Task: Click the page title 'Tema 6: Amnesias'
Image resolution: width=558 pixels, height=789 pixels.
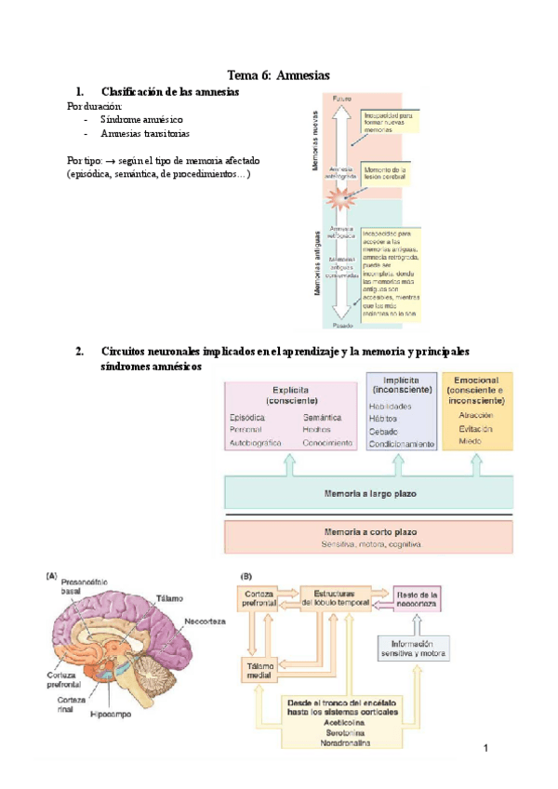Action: point(279,74)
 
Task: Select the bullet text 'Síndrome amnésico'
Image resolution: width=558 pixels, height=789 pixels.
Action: point(141,120)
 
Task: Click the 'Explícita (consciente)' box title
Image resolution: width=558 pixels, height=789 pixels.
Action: point(291,394)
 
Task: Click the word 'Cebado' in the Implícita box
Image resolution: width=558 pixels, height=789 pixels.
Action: point(383,432)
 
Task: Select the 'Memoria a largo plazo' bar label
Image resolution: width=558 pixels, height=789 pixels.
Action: point(368,491)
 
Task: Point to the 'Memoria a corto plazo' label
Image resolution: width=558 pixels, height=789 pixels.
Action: point(368,530)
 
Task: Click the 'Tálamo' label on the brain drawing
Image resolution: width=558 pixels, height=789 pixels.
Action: point(169,598)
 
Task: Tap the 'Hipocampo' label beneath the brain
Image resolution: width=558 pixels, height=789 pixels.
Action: point(110,716)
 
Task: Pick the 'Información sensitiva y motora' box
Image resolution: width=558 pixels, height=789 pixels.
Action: point(414,648)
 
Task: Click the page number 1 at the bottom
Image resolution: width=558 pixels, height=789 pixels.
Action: point(485,747)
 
